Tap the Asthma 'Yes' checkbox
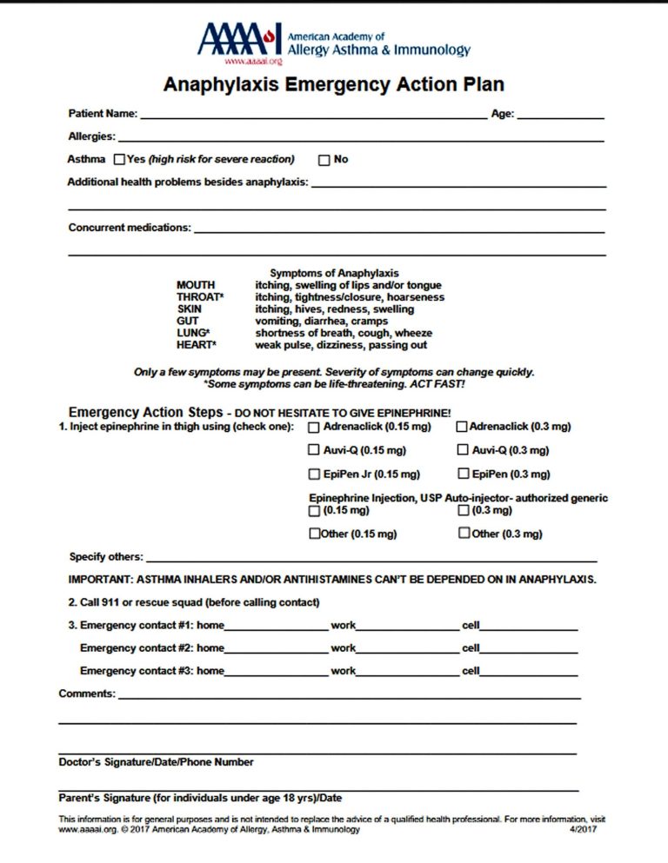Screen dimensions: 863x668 point(120,160)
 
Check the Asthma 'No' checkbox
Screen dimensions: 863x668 point(324,160)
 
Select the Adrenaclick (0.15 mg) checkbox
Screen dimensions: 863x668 point(314,428)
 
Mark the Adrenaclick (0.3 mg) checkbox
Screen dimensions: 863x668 point(461,427)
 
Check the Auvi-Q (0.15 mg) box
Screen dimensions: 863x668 point(314,450)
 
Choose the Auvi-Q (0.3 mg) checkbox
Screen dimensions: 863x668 point(461,450)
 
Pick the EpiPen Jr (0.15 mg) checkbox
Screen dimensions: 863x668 point(314,475)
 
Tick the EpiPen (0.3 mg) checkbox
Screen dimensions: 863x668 point(461,475)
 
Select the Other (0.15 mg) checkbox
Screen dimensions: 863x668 point(315,534)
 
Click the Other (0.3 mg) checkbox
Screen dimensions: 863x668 point(464,534)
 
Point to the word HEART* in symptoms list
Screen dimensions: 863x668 point(197,345)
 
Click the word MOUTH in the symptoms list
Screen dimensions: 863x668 point(196,285)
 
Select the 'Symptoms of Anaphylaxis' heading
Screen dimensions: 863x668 point(334,273)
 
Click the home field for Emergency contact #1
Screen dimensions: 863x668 point(276,626)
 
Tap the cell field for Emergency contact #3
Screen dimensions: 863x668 point(529,672)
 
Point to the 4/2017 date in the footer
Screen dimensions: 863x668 point(579,830)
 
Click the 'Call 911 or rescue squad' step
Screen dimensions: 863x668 point(194,602)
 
